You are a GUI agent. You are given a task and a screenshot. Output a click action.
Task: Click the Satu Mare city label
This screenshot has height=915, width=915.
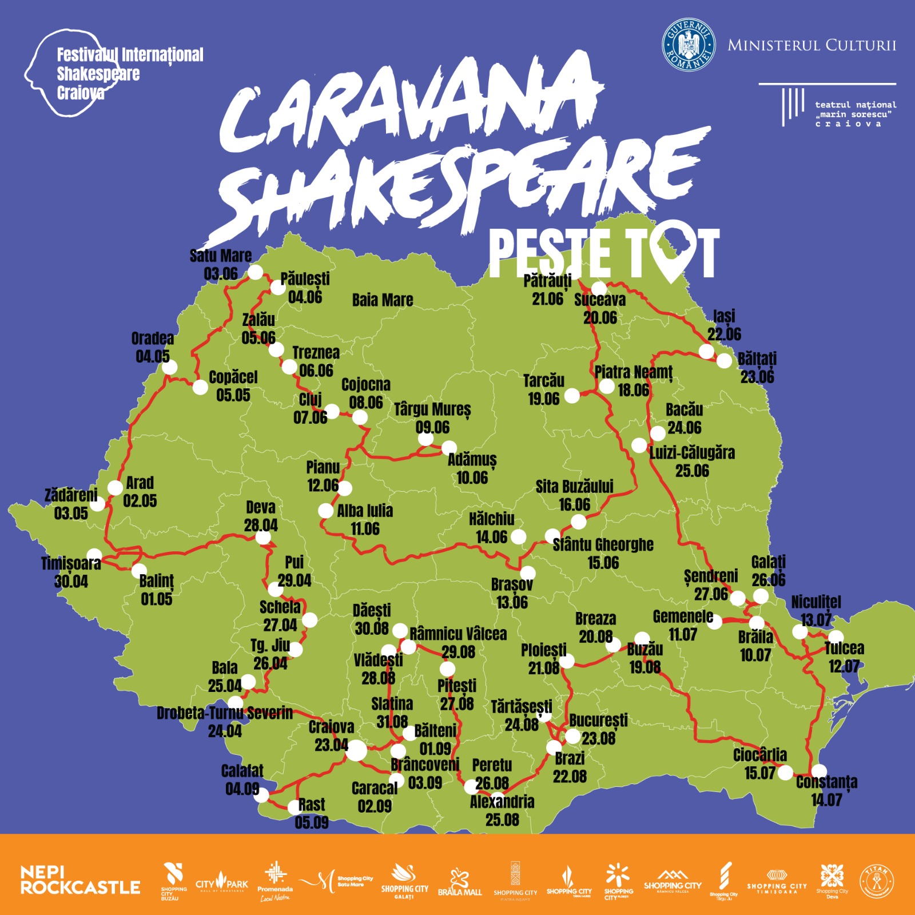[x=221, y=256]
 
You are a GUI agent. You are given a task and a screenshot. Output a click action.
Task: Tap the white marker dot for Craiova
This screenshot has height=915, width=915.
[x=357, y=750]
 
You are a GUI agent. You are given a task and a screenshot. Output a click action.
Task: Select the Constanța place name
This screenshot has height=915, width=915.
[x=826, y=782]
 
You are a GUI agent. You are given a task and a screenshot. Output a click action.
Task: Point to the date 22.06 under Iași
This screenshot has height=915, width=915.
[x=724, y=335]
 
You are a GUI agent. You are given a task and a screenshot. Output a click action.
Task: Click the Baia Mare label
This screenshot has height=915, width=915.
[x=382, y=300]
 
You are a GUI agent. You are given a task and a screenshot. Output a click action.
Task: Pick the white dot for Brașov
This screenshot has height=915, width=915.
[x=527, y=573]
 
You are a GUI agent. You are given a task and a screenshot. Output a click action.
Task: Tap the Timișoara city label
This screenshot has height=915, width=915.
[x=71, y=564]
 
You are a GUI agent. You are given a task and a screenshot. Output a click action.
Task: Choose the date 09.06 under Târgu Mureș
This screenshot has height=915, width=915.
[x=432, y=428]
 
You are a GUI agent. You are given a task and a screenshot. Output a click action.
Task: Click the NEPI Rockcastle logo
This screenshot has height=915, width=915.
[x=80, y=880]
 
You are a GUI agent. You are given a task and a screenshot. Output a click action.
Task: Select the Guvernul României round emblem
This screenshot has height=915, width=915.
[x=689, y=45]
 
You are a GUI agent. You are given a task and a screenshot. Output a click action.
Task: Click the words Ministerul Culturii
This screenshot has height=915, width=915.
[x=811, y=45]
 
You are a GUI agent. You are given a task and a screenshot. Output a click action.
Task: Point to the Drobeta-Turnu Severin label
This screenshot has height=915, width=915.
[x=225, y=713]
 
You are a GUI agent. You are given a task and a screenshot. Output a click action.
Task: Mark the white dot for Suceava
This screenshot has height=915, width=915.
[x=599, y=288]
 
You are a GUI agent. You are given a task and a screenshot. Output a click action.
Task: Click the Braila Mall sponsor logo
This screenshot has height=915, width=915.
[x=460, y=883]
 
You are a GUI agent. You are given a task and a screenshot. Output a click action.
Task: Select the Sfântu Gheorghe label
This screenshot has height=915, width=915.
[x=603, y=544]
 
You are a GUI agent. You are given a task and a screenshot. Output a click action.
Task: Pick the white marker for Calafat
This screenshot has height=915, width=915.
[x=261, y=794]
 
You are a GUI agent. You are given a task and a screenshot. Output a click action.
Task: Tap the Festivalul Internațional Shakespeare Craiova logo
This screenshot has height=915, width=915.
[x=114, y=74]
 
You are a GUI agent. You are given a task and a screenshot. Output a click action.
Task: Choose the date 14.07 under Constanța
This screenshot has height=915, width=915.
[x=826, y=800]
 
